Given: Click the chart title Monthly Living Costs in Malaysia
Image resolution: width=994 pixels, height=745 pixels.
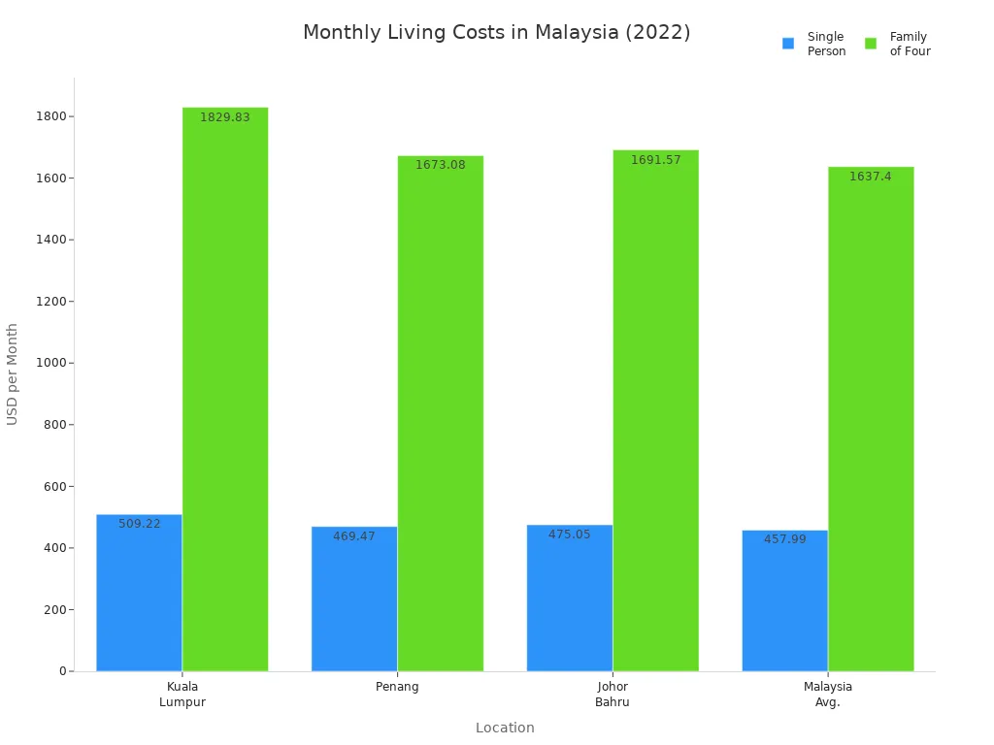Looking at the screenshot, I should tap(496, 33).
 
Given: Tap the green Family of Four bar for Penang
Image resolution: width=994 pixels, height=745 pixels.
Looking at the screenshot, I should tap(440, 417).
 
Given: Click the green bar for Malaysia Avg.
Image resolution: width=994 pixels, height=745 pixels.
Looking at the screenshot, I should tap(871, 422).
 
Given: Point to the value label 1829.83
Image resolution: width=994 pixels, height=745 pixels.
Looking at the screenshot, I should tap(225, 117).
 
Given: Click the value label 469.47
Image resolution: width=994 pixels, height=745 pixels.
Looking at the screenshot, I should tap(354, 536).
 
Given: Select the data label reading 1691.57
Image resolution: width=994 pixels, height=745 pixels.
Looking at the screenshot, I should tap(656, 160).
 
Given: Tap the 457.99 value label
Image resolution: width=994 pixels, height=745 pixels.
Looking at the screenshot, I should tap(784, 539).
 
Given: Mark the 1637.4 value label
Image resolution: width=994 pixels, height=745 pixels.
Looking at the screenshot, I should tap(871, 177).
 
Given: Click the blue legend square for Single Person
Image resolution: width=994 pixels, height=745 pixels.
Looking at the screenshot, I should tap(788, 44).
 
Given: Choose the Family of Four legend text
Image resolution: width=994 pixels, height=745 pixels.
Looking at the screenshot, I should tap(910, 44).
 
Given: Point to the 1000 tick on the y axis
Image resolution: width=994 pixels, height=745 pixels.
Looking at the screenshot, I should tap(51, 363).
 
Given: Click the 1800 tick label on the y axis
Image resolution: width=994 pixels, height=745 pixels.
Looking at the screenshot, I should tap(51, 116).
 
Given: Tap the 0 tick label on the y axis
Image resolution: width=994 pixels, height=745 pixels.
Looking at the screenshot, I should tap(62, 671).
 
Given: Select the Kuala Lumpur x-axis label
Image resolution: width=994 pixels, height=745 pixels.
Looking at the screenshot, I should tap(182, 695).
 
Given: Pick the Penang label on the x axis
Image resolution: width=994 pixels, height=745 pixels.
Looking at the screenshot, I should tap(397, 687).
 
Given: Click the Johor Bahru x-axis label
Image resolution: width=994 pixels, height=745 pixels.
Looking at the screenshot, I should tap(613, 695).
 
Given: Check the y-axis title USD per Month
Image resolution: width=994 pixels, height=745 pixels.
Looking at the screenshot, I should tap(13, 373).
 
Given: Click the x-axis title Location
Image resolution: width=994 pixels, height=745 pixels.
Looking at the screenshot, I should tap(505, 728).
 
